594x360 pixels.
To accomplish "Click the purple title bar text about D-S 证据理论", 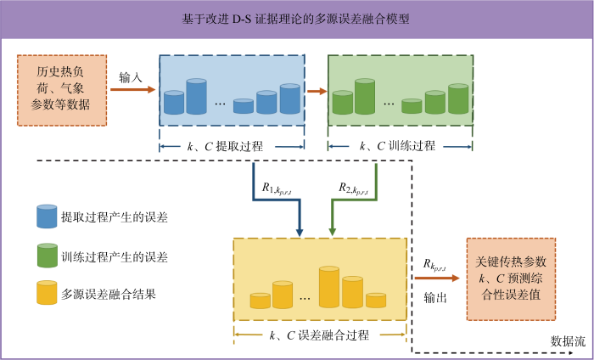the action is click(295, 19).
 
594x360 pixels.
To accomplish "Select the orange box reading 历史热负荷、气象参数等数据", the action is click(62, 90).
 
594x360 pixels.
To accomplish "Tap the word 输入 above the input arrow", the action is click(131, 77).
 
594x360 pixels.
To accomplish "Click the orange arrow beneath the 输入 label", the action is click(133, 90).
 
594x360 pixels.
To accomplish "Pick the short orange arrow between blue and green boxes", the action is click(317, 91).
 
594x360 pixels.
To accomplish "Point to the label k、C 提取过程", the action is click(225, 146).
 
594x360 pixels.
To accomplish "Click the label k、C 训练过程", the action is click(397, 146).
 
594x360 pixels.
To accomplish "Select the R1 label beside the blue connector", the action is click(277, 189).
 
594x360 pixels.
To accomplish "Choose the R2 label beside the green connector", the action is click(354, 188).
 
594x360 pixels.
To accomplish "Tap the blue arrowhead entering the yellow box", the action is click(300, 233).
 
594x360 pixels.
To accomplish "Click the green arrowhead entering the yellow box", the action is click(333, 233).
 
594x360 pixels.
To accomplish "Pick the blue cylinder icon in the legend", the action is click(47, 217).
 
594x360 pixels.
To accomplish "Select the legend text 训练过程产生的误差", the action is click(115, 257).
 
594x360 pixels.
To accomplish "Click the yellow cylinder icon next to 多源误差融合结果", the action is click(47, 293).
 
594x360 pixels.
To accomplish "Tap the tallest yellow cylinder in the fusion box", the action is click(329, 287).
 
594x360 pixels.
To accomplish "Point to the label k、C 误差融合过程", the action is click(319, 335).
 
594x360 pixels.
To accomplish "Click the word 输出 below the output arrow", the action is click(435, 297).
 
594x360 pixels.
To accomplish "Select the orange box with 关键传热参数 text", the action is click(511, 279).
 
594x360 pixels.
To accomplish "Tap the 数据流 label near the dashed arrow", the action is click(568, 341).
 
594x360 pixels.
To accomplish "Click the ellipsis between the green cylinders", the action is click(389, 104).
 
